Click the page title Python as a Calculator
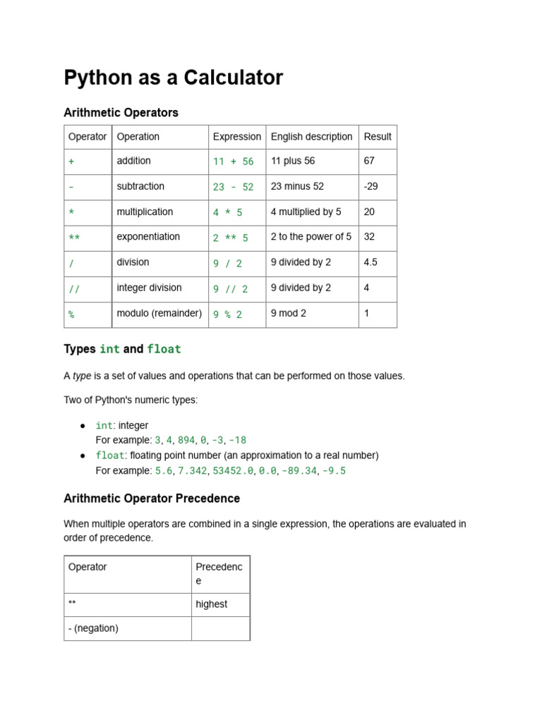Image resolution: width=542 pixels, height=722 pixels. (173, 78)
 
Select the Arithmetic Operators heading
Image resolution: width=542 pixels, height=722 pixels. (121, 113)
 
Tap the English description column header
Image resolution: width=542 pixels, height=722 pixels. (311, 137)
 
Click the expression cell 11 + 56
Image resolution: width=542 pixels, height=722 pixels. (233, 161)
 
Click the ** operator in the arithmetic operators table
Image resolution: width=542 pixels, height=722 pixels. (74, 238)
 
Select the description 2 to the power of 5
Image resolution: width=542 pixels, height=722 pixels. (311, 237)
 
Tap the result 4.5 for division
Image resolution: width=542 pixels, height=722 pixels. (371, 262)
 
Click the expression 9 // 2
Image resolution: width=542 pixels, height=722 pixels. (231, 288)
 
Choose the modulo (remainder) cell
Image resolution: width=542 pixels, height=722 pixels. (159, 313)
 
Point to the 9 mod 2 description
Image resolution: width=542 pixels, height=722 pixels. (288, 313)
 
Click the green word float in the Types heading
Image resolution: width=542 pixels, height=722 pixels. (164, 349)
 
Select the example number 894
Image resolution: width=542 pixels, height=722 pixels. (186, 440)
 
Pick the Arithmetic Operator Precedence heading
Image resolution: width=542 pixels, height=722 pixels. (152, 498)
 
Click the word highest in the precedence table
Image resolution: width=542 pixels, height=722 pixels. (212, 604)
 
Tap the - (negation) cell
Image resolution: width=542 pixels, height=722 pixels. (93, 628)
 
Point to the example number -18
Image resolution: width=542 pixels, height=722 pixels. (238, 440)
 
